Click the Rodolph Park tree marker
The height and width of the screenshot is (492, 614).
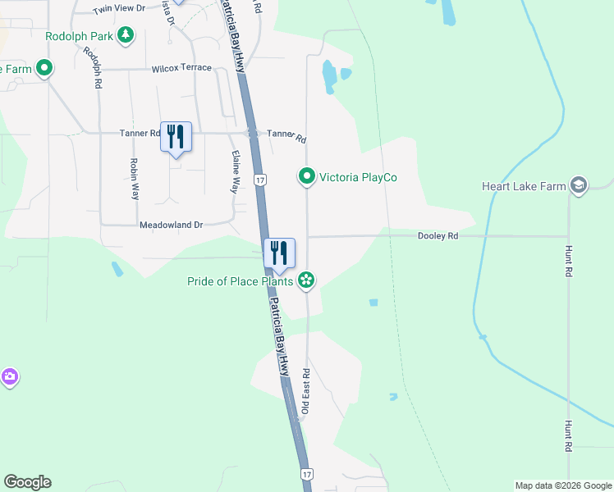tap(126, 35)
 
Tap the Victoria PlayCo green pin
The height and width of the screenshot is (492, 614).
tap(306, 176)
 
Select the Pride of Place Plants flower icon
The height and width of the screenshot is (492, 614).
tap(306, 281)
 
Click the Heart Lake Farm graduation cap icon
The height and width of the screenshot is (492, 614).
tap(579, 186)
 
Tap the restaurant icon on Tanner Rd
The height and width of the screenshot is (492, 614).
tap(176, 136)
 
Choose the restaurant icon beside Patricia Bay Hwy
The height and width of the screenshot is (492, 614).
tap(279, 253)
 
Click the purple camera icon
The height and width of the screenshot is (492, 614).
tap(9, 377)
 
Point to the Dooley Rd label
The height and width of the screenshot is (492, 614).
tap(438, 236)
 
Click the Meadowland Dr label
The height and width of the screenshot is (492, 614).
tap(171, 225)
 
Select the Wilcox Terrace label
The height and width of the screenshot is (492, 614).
tap(181, 68)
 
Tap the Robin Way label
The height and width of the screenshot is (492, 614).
tap(135, 180)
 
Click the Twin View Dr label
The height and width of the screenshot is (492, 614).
tap(118, 8)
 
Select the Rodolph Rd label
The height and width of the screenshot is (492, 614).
tap(91, 66)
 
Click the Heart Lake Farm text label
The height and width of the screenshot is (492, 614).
tap(524, 187)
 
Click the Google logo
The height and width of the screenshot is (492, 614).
tap(27, 482)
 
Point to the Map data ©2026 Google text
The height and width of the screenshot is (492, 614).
tap(562, 485)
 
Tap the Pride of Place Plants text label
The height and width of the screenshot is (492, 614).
tap(241, 282)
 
